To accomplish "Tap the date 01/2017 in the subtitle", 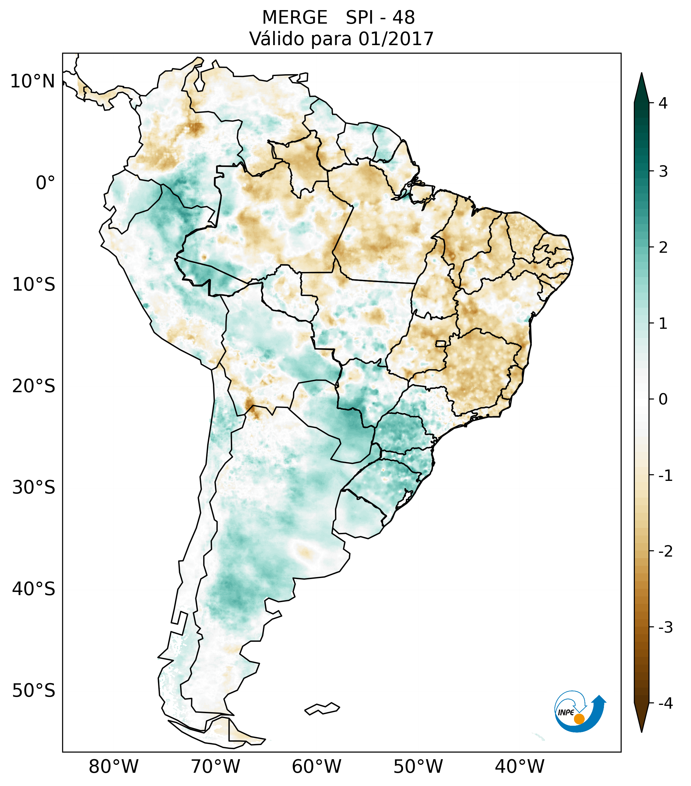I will pos(396,39).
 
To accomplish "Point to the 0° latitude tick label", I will pos(45,183).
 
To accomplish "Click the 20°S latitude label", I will pos(34,386).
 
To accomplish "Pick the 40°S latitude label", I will pos(34,589).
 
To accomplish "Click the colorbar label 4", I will pos(663,103).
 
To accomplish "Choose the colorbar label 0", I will pos(663,399).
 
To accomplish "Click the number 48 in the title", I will pos(404,18).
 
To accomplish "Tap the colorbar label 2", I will pos(663,248).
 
